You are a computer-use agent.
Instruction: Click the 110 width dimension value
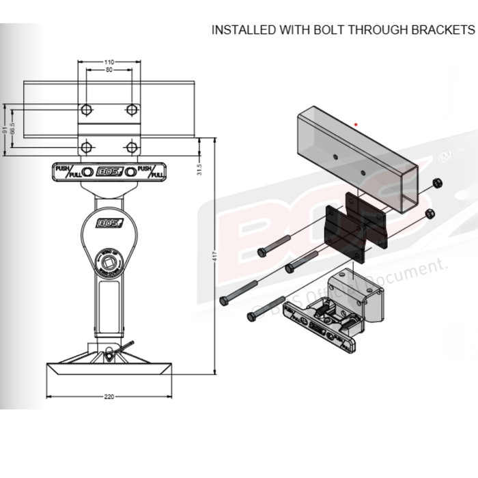(x=109, y=62)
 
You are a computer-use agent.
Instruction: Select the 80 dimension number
(x=109, y=70)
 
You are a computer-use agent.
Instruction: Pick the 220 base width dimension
(x=109, y=396)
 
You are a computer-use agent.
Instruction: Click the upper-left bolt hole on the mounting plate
(x=86, y=110)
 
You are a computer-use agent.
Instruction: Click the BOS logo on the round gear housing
(x=108, y=223)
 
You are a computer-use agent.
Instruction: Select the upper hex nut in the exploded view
(x=437, y=184)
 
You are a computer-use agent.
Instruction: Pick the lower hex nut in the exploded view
(x=430, y=214)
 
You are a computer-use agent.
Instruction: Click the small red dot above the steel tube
(x=356, y=125)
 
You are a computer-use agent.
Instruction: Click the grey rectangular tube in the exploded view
(x=355, y=157)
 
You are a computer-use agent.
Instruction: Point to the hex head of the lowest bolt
(x=250, y=317)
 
